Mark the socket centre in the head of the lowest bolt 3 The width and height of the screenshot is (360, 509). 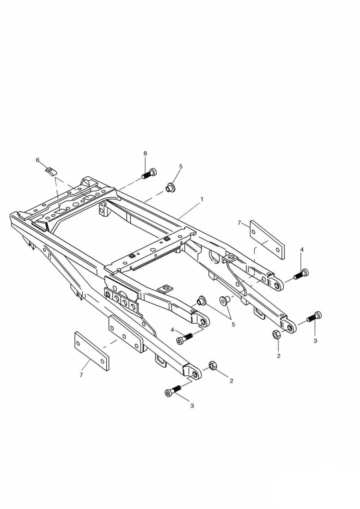[168, 393]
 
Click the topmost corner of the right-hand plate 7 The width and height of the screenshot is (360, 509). [251, 220]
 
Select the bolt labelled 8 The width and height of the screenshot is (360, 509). [149, 174]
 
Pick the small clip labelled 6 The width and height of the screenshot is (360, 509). [50, 171]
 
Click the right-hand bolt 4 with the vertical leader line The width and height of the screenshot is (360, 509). [301, 274]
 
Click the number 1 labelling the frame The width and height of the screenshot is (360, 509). [202, 199]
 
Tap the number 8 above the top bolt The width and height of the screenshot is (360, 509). [145, 154]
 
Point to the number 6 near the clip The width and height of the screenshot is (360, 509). [38, 160]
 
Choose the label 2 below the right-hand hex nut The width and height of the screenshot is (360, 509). [279, 356]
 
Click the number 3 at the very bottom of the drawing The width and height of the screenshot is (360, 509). [192, 406]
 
